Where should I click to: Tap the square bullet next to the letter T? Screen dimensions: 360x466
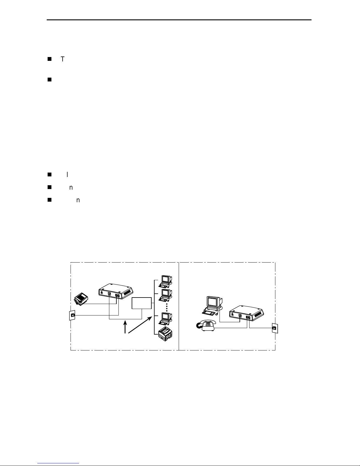(x=49, y=59)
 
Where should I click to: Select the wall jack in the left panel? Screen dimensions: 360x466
(x=72, y=315)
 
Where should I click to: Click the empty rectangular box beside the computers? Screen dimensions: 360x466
(x=141, y=303)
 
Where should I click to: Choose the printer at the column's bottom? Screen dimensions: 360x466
(x=165, y=334)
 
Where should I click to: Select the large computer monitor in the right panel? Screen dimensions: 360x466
(x=214, y=303)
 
